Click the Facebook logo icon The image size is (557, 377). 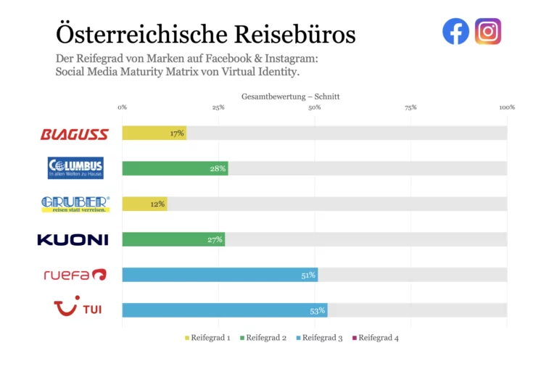[x=455, y=31]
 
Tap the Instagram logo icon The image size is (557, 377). [x=488, y=31]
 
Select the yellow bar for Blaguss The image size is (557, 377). [x=154, y=133]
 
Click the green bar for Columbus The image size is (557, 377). [x=175, y=169]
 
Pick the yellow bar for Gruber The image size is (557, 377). [x=144, y=204]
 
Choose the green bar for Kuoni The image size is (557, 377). [x=173, y=239]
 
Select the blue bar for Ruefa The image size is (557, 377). [x=220, y=275]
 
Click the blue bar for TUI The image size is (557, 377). [x=224, y=310]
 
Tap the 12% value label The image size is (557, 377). [x=157, y=204]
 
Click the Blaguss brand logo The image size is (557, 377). [x=75, y=134]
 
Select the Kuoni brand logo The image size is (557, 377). [x=73, y=239]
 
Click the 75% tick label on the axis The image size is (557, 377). [x=410, y=107]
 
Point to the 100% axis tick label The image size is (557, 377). [x=506, y=107]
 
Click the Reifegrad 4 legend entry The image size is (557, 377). [x=374, y=338]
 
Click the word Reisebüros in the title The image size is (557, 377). [x=295, y=34]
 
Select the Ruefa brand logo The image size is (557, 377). [x=75, y=275]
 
